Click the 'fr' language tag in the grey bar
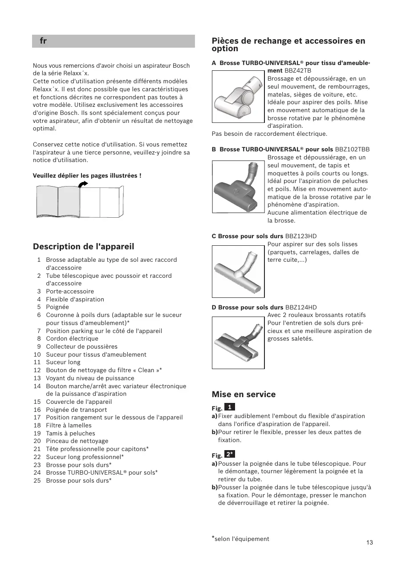tap(43, 41)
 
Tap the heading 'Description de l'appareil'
tap(83, 247)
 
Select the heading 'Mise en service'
tap(244, 394)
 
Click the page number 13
tap(369, 542)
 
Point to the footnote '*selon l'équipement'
tap(241, 539)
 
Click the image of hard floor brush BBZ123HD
tap(238, 271)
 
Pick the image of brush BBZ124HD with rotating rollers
tap(238, 342)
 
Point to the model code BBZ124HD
tap(301, 307)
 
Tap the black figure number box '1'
tap(229, 407)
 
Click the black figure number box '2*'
tap(230, 454)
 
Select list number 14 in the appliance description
tap(37, 386)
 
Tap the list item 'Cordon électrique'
tap(72, 338)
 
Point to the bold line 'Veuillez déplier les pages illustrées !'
tap(87, 176)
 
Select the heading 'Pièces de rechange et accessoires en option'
tap(288, 45)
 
